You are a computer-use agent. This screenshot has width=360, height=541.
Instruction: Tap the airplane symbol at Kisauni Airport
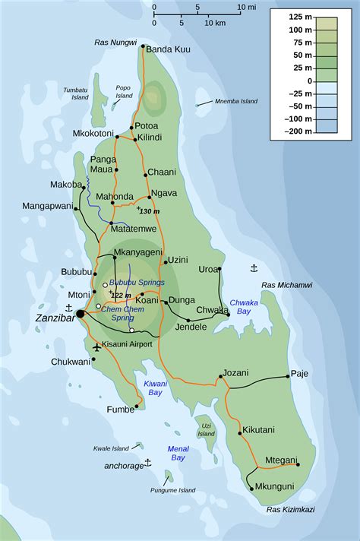tap(96, 347)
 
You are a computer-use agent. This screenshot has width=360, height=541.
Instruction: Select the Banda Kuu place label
tap(168, 49)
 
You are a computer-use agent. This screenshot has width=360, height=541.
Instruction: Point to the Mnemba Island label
tap(236, 102)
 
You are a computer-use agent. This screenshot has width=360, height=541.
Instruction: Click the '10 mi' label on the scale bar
tap(246, 7)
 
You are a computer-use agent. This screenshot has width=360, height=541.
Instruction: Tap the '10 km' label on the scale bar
tap(213, 23)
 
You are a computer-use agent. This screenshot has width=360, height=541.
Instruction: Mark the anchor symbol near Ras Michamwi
tap(254, 268)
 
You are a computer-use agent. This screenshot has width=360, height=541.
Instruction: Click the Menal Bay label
tap(178, 453)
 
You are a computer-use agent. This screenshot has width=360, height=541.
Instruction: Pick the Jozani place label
tap(236, 373)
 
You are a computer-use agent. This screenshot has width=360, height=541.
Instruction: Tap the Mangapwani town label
tap(47, 206)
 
